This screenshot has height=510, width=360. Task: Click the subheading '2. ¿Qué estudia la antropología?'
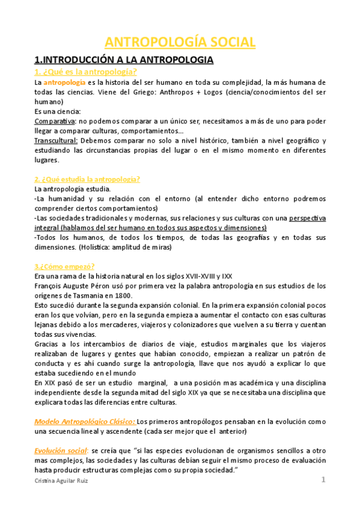tap(87, 179)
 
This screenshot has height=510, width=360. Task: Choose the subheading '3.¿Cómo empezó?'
tap(64, 266)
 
